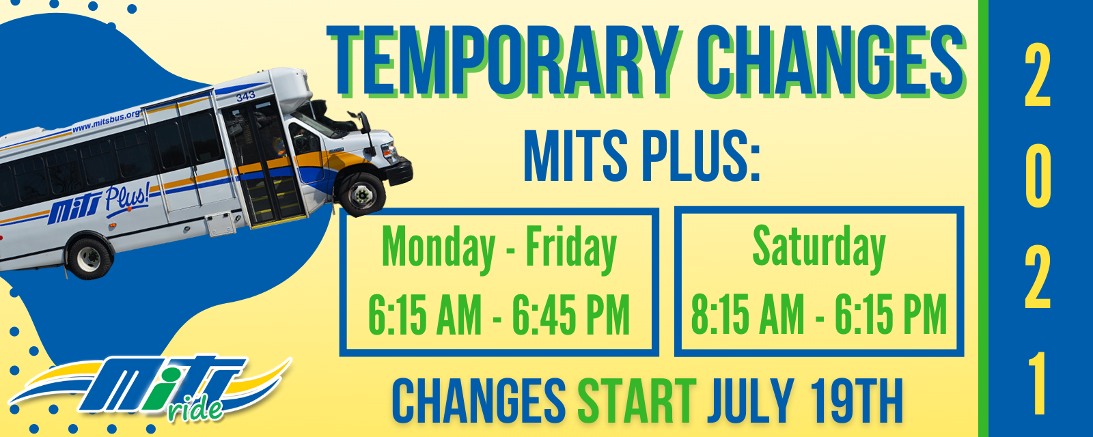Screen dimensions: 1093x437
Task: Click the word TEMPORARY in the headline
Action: click(x=504, y=61)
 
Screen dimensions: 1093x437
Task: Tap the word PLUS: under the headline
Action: click(x=701, y=156)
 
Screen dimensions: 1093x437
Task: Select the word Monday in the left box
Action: click(x=439, y=249)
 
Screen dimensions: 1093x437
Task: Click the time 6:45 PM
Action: click(x=570, y=315)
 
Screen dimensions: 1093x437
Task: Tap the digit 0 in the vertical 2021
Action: click(x=1038, y=178)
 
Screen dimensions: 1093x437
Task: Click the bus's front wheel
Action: click(x=362, y=195)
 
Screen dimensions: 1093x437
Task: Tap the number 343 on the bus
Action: click(x=245, y=96)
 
